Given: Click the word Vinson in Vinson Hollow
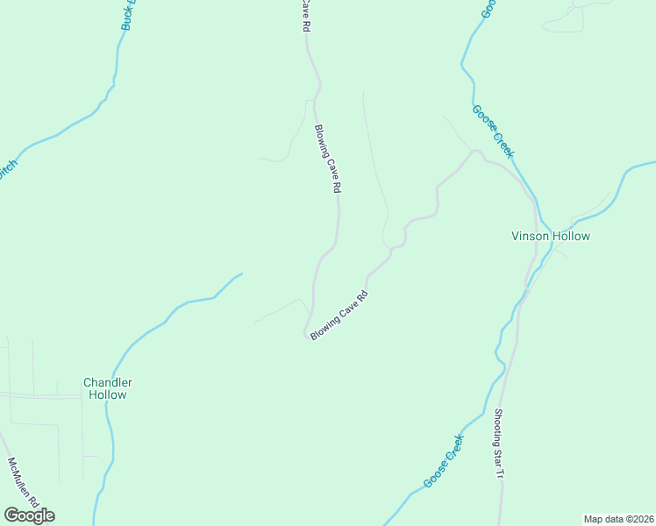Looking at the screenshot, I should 531,237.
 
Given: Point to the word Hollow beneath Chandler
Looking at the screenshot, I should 107,395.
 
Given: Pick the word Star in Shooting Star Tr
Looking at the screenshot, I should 499,456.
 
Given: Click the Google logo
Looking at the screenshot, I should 29,515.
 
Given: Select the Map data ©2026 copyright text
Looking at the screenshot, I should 618,519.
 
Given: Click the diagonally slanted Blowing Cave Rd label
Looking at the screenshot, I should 338,315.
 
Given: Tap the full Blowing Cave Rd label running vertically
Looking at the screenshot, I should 327,159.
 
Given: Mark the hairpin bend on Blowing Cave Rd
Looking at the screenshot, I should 308,334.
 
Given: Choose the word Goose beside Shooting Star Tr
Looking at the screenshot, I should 436,476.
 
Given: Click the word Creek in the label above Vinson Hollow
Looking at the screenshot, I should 503,145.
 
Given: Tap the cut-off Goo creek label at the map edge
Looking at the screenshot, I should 488,9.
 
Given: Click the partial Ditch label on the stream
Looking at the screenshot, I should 7,170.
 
